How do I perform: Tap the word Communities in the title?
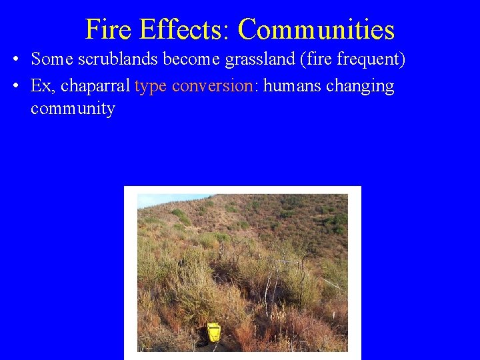pos(316,30)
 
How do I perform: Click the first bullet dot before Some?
pos(15,59)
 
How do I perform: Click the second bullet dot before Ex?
pos(15,87)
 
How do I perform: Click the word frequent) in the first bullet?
pos(371,59)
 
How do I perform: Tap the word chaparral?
pos(96,87)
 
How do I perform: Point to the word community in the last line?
pos(73,109)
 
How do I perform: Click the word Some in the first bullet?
pos(52,59)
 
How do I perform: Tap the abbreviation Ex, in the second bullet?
pos(43,87)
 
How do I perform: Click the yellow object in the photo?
pos(213,331)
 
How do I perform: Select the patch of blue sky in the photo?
pos(160,199)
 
